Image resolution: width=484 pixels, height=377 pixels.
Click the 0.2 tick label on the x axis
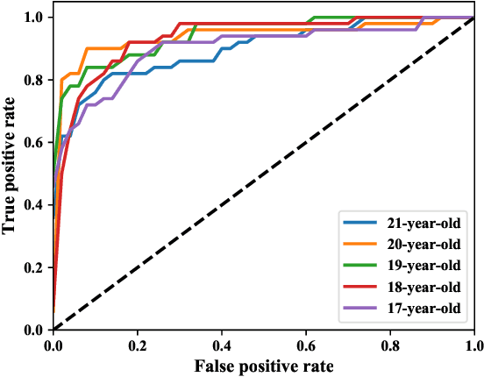138,345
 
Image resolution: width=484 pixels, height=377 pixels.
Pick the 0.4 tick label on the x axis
222,345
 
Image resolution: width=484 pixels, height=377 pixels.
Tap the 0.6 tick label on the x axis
306,345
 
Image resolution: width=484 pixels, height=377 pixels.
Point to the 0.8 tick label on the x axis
390,345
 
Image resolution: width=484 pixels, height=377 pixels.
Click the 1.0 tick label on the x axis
473,345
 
